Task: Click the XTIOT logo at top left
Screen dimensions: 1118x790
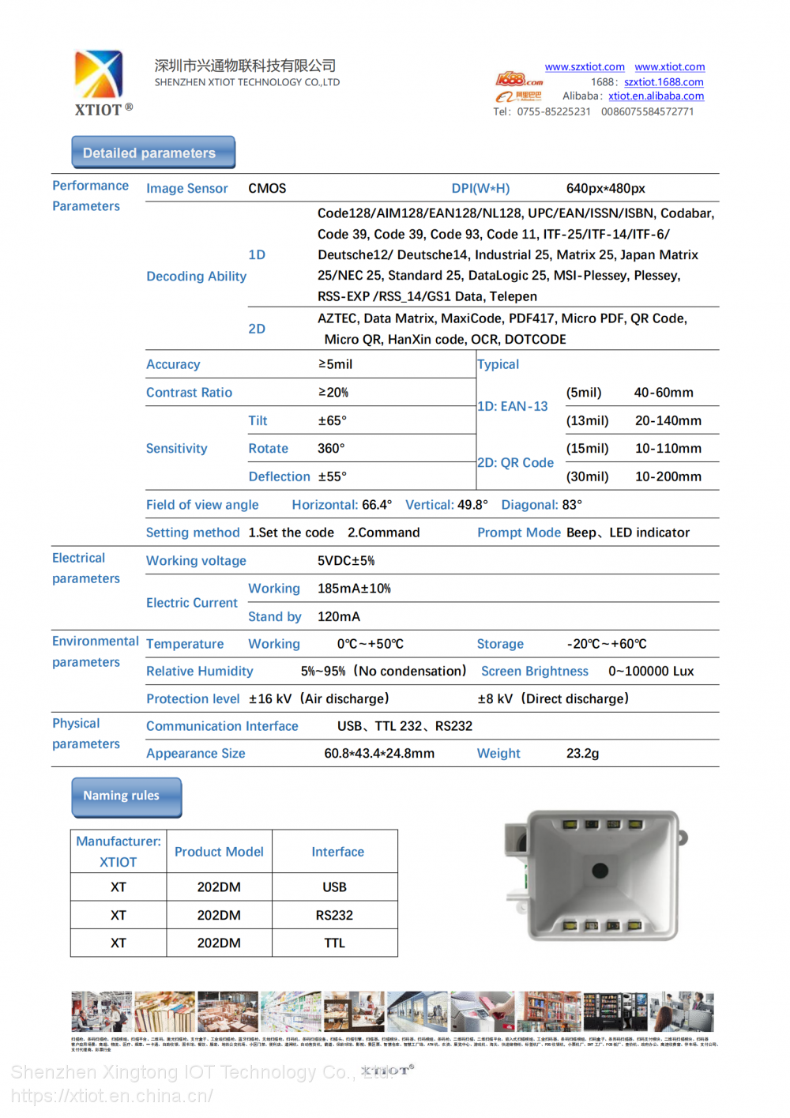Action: click(100, 81)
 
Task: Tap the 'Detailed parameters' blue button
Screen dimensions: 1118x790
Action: click(153, 152)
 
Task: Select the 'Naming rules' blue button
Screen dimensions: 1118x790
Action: click(126, 796)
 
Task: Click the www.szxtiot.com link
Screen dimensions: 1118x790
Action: click(584, 67)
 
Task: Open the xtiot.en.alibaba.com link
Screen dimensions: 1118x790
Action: click(656, 96)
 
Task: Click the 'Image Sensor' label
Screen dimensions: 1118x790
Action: click(186, 189)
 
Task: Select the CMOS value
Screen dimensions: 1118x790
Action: click(267, 189)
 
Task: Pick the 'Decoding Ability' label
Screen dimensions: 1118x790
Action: click(196, 277)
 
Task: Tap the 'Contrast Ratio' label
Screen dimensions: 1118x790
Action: click(189, 393)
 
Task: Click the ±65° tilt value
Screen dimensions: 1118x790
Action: click(332, 421)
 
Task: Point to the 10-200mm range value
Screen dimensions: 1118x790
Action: click(668, 477)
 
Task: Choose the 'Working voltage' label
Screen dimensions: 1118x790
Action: click(196, 561)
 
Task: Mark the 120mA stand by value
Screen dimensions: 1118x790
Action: click(338, 617)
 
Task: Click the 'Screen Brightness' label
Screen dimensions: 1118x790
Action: click(534, 672)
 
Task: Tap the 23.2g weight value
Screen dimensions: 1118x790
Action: click(582, 754)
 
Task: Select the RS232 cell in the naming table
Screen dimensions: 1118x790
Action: click(334, 916)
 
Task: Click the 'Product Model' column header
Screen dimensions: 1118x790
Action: click(219, 852)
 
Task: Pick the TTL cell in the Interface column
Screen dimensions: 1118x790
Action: click(334, 943)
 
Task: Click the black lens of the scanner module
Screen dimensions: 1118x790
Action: click(600, 871)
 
